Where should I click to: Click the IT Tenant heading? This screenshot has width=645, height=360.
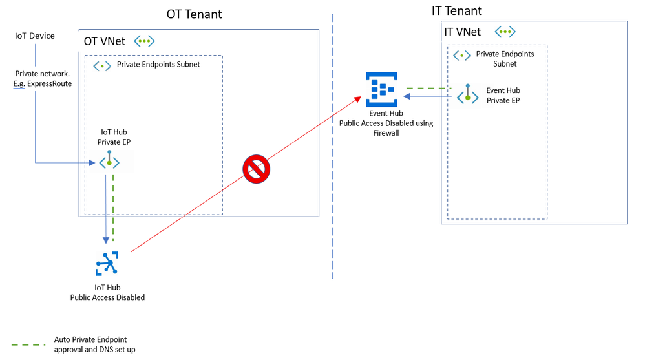pos(456,10)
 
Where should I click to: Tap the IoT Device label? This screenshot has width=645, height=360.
pos(35,36)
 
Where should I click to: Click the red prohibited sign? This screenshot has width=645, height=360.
pos(256,169)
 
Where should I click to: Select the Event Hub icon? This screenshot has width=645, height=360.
pos(381,90)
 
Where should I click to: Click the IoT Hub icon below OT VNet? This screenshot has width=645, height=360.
pos(107,263)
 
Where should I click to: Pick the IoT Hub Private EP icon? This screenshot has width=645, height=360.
pos(109,162)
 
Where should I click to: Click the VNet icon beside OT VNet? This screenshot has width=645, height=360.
pos(144,41)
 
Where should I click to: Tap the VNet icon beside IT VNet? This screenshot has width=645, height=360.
pos(505,31)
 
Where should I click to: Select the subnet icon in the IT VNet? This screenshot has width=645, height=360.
pos(461,56)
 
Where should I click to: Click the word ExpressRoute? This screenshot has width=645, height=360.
pos(50,84)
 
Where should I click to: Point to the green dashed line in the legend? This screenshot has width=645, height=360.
pos(29,344)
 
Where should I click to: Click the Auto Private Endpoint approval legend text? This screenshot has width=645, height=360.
pos(94,344)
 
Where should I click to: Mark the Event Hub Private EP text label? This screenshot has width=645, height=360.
pos(503,96)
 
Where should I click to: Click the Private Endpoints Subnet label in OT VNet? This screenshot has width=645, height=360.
pos(158,65)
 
